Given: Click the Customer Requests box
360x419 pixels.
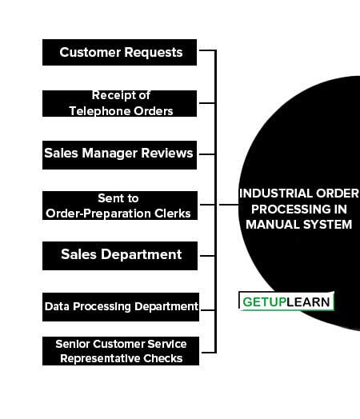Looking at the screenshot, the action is [x=119, y=53].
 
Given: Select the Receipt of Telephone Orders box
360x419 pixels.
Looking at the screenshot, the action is [x=119, y=103].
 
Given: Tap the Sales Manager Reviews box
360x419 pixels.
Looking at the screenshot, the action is [x=119, y=155].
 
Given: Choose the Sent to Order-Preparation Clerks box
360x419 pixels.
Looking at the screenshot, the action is [x=120, y=206].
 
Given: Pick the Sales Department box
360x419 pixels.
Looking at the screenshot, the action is [x=120, y=256].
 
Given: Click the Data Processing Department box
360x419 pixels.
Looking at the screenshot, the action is [x=121, y=307].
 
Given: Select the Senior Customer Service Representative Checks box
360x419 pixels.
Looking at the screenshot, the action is [x=121, y=351].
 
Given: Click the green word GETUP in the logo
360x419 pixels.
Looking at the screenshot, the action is [x=265, y=302].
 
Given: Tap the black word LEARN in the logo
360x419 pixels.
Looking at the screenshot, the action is [x=308, y=302].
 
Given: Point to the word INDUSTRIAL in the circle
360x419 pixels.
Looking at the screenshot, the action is [x=276, y=194].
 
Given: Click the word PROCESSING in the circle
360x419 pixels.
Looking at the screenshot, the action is [x=284, y=209].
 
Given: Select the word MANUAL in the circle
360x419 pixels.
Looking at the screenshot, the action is [x=273, y=225].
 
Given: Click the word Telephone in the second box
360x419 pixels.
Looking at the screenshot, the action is [x=99, y=111].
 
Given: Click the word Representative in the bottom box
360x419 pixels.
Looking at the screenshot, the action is [x=100, y=358].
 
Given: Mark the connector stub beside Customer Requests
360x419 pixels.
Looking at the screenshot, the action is [x=207, y=50].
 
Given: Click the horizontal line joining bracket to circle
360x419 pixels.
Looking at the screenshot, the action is [x=229, y=205].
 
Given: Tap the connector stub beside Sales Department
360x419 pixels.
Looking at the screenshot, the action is [x=207, y=256].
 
